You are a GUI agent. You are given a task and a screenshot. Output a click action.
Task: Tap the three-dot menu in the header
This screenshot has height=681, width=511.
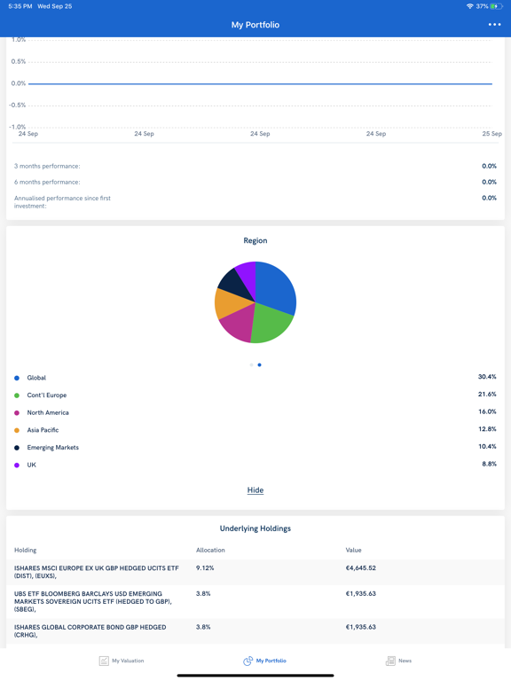494,25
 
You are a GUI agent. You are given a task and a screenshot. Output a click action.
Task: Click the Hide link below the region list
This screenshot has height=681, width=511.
255,490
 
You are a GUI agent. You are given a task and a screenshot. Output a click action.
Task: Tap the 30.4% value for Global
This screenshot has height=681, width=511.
487,377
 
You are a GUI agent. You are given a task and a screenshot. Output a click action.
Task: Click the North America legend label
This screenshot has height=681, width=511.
48,412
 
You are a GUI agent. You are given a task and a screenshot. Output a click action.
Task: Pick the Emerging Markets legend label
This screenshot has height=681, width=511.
52,448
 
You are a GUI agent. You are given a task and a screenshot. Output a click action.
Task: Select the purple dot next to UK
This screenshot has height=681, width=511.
17,465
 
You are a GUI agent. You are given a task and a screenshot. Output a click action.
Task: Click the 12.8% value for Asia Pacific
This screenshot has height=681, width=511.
487,429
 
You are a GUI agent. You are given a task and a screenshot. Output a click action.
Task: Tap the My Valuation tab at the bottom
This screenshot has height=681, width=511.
122,661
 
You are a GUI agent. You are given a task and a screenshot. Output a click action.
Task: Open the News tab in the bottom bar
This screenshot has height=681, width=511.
398,661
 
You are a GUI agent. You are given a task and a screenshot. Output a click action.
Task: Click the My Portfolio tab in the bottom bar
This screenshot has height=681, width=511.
264,661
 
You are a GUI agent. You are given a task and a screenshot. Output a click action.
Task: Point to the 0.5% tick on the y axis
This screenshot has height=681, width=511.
19,61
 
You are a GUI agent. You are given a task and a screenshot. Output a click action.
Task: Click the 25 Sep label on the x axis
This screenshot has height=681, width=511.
491,134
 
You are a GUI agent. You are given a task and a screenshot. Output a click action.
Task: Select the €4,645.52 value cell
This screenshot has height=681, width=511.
361,568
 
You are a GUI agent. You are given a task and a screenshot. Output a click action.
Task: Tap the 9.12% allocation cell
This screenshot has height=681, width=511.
205,568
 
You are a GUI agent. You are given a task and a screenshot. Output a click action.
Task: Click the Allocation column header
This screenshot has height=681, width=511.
211,550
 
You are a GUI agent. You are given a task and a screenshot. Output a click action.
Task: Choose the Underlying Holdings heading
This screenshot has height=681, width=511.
255,528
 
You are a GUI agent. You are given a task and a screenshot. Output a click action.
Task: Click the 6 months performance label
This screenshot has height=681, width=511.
47,182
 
